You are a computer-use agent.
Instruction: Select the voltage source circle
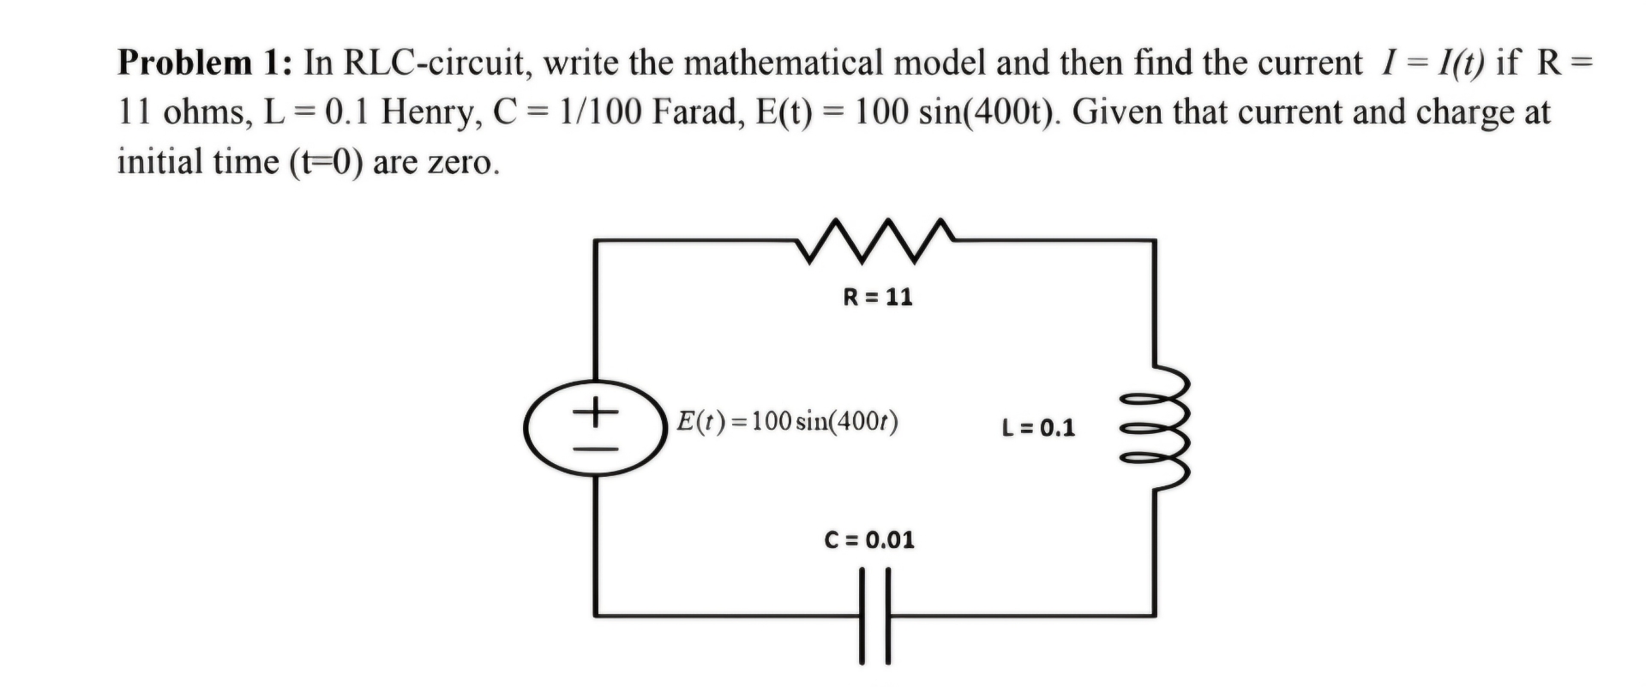pos(597,427)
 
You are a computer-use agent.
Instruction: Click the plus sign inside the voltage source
pos(596,413)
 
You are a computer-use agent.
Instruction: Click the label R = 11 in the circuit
pos(878,297)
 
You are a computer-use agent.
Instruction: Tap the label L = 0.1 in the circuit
pos(1037,427)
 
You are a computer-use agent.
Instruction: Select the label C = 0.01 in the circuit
pos(869,539)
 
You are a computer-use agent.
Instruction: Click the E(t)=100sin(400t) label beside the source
pos(787,421)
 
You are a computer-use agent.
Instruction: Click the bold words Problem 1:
pos(206,63)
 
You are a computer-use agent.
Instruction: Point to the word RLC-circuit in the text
pos(434,63)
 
